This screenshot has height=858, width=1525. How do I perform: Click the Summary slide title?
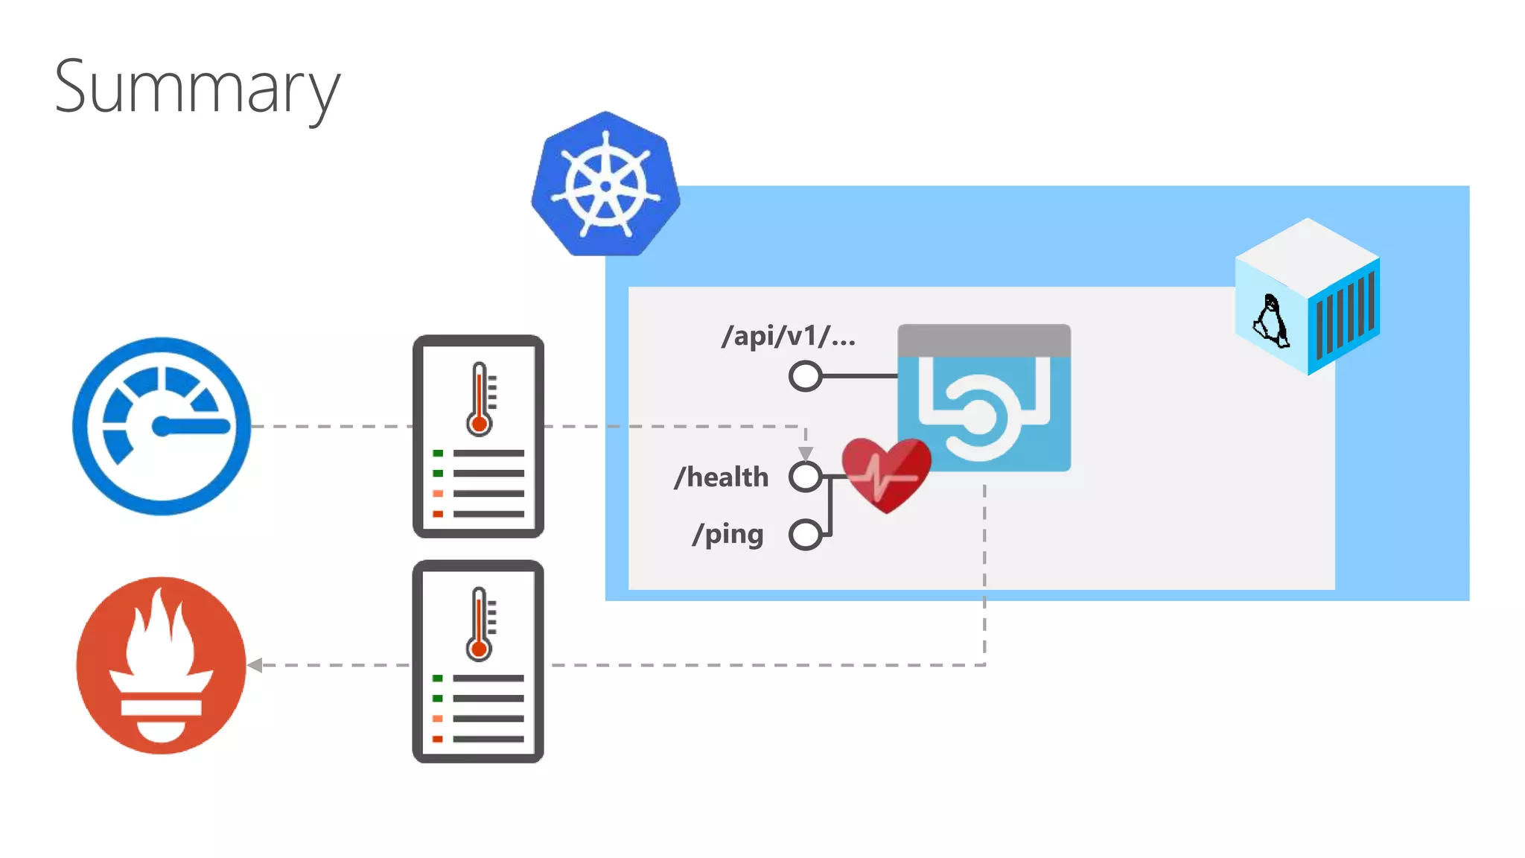[x=197, y=88]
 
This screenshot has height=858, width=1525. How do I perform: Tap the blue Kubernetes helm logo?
[x=605, y=185]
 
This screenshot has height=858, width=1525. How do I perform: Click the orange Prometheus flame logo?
[x=161, y=665]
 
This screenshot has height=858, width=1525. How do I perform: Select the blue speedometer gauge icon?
[x=162, y=426]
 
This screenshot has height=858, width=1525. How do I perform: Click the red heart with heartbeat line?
[x=886, y=474]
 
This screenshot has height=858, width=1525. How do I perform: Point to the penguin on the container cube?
[x=1271, y=322]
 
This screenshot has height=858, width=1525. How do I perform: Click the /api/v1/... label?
[x=789, y=336]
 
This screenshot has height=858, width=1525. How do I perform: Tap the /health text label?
[x=721, y=477]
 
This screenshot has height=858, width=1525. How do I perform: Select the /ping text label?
[x=728, y=534]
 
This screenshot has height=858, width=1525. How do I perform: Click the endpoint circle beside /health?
[x=805, y=477]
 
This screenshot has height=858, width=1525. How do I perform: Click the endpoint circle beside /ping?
[x=805, y=534]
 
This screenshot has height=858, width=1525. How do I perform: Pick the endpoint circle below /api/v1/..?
[x=805, y=376]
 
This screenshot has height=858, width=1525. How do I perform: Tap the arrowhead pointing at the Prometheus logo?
[x=255, y=665]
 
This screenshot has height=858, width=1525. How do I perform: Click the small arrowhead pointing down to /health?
[x=805, y=453]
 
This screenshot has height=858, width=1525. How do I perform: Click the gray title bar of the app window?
[x=984, y=340]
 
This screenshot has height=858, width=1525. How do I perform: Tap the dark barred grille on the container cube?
[x=1345, y=317]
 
